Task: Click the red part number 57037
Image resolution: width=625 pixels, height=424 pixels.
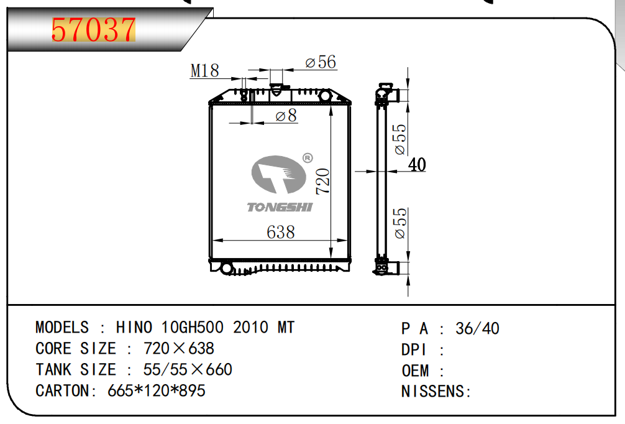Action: [x=94, y=30]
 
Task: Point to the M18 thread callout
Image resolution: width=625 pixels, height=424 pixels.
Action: [x=204, y=71]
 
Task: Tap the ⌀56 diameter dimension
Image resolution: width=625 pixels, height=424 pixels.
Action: [x=321, y=62]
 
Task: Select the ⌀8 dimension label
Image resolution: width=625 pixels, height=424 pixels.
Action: [x=286, y=115]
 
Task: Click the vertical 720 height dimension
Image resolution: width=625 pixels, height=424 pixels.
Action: [x=323, y=182]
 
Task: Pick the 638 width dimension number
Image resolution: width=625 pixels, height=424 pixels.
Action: [x=281, y=232]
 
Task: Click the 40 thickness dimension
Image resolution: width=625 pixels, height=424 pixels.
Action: [x=417, y=164]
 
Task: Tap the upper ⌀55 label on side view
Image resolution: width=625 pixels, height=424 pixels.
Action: [x=400, y=139]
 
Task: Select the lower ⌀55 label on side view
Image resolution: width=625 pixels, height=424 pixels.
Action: [x=400, y=223]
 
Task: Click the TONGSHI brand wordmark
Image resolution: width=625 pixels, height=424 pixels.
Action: [x=280, y=207]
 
